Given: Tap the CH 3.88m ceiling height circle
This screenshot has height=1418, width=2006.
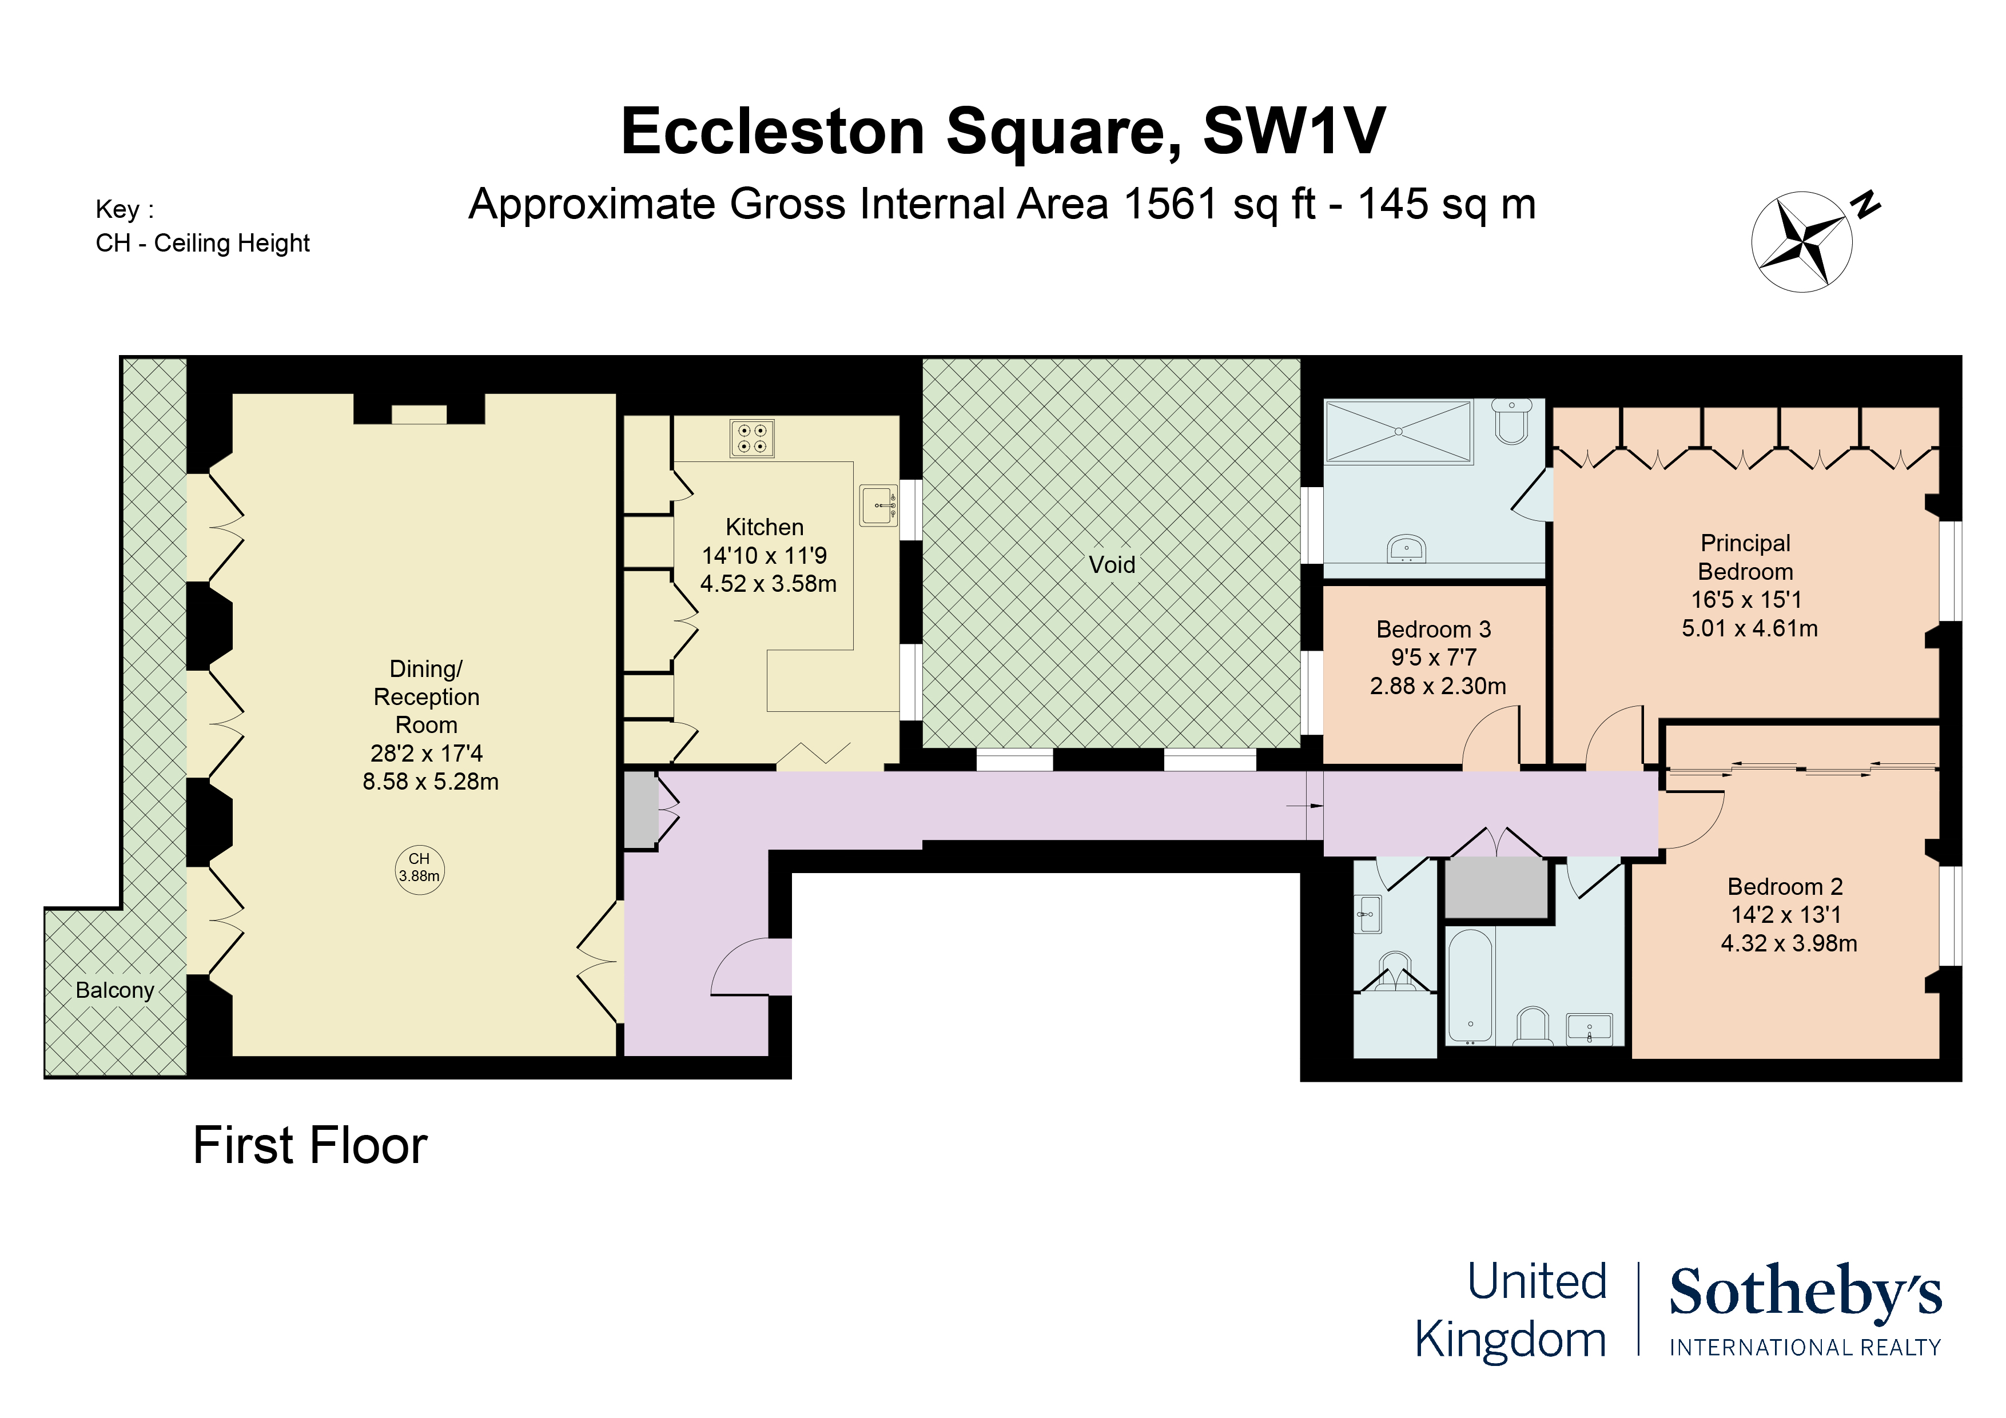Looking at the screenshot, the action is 419,869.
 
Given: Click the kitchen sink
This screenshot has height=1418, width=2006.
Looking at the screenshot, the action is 878,505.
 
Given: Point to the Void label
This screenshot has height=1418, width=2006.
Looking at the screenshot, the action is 1111,564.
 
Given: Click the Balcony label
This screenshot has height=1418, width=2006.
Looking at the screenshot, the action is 114,990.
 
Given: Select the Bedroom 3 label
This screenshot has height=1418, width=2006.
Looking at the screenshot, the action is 1434,629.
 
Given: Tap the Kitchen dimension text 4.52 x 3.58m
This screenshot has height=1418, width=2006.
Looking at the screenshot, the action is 768,584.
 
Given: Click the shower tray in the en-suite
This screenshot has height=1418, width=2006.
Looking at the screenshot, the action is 1398,432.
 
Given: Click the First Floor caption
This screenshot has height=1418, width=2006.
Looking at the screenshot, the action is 310,1145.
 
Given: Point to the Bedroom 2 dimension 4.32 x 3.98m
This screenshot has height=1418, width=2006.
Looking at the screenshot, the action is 1789,943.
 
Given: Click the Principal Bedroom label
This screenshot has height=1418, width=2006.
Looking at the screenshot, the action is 1746,557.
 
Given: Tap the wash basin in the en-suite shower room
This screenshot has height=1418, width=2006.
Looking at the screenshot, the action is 1407,549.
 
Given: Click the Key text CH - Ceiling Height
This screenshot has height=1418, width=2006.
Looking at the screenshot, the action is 202,243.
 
